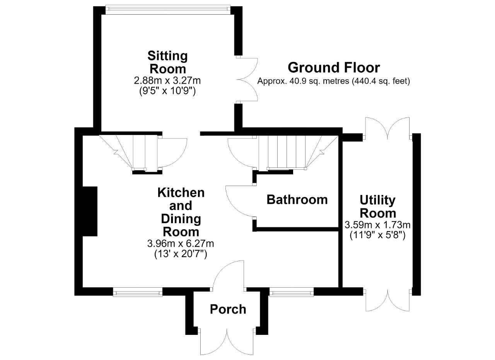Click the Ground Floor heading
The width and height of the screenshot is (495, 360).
(334, 68)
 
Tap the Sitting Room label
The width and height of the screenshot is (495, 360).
(167, 62)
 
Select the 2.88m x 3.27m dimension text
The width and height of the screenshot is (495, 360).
(167, 81)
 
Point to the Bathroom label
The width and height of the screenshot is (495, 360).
(297, 200)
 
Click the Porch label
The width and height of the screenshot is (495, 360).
(228, 309)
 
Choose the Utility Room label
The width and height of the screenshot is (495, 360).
(378, 207)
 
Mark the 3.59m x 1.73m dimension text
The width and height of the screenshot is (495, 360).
(377, 225)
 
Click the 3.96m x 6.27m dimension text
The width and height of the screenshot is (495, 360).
(181, 244)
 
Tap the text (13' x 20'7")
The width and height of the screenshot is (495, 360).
(181, 254)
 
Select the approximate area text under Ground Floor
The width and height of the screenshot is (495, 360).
(334, 81)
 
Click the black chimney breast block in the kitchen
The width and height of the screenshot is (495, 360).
(90, 211)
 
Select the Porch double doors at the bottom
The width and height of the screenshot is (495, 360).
(227, 343)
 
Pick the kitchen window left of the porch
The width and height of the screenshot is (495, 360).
(138, 292)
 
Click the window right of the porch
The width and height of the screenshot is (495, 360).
(292, 292)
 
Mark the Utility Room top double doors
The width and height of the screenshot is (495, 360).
(387, 129)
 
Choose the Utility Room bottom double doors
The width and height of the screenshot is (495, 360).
(387, 300)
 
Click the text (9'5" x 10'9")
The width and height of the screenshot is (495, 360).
(167, 91)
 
